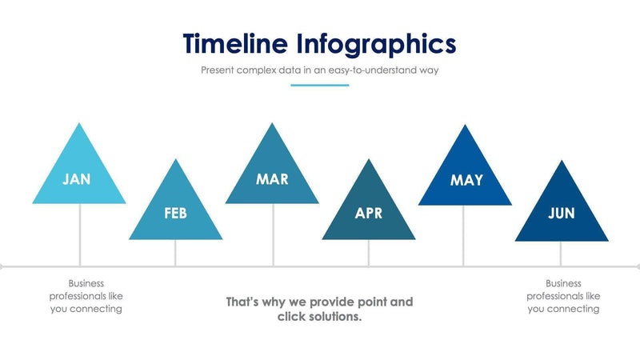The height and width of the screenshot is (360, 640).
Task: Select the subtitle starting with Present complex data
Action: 319,70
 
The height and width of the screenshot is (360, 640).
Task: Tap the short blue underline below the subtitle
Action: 319,85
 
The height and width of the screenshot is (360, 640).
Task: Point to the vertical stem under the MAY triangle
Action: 464,235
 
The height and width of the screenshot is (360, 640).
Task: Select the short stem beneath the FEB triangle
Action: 175,253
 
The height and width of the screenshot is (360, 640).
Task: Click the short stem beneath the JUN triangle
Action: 561,254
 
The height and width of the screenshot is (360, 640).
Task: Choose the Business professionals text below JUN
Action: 562,296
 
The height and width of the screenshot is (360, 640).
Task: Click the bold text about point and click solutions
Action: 319,310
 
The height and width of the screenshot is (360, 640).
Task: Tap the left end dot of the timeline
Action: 2,266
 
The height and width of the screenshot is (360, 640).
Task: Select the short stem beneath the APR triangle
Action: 369,253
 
